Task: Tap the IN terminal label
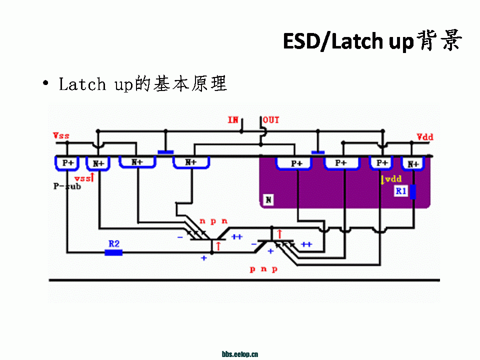(x=233, y=120)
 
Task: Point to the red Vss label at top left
(x=61, y=135)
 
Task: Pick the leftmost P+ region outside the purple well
(x=68, y=162)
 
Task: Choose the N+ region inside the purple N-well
(x=413, y=163)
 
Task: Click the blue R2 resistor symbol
(x=113, y=252)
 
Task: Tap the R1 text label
(x=400, y=190)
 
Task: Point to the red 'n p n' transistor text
(x=213, y=220)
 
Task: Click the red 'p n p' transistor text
(x=263, y=269)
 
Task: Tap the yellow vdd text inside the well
(x=391, y=179)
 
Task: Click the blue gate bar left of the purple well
(x=165, y=152)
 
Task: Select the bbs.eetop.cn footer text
(x=240, y=354)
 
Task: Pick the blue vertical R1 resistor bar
(x=413, y=191)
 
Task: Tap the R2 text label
(x=114, y=243)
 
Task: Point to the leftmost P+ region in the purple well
(x=296, y=163)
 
